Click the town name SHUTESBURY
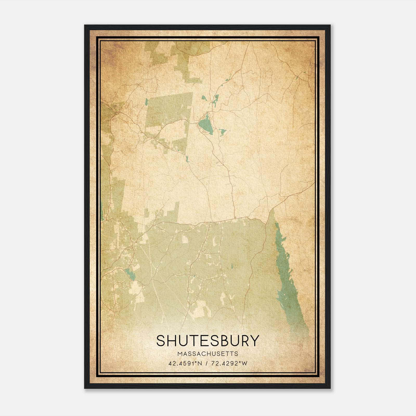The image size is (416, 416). [208, 341]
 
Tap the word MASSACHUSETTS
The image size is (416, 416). [208, 354]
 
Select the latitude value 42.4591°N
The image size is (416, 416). [185, 363]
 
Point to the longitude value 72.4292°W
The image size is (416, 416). [229, 363]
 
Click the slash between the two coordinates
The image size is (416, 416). [206, 363]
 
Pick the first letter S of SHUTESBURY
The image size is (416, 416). [161, 341]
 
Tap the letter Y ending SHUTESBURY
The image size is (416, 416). [255, 341]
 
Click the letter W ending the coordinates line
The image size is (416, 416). [244, 363]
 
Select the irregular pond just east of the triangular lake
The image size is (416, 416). [222, 132]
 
